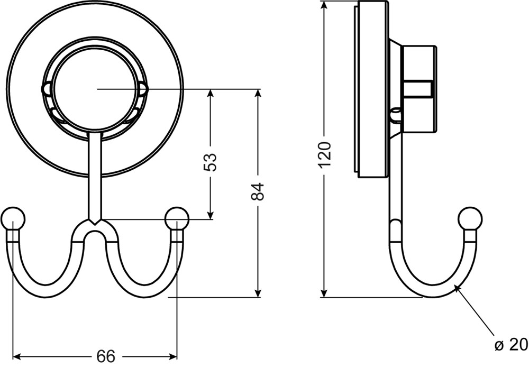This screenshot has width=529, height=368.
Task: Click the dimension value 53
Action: (211, 162)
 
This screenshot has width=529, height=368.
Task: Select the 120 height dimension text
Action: (325, 155)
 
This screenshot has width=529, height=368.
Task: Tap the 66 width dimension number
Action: (106, 356)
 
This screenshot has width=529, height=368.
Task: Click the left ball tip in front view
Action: (13, 218)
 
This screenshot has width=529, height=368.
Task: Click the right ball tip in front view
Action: (177, 218)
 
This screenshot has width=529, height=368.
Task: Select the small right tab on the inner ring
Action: (143, 89)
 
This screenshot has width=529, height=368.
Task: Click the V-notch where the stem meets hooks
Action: (95, 222)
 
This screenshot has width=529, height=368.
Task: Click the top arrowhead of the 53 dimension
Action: (210, 94)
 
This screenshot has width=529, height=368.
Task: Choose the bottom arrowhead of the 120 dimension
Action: (324, 292)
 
